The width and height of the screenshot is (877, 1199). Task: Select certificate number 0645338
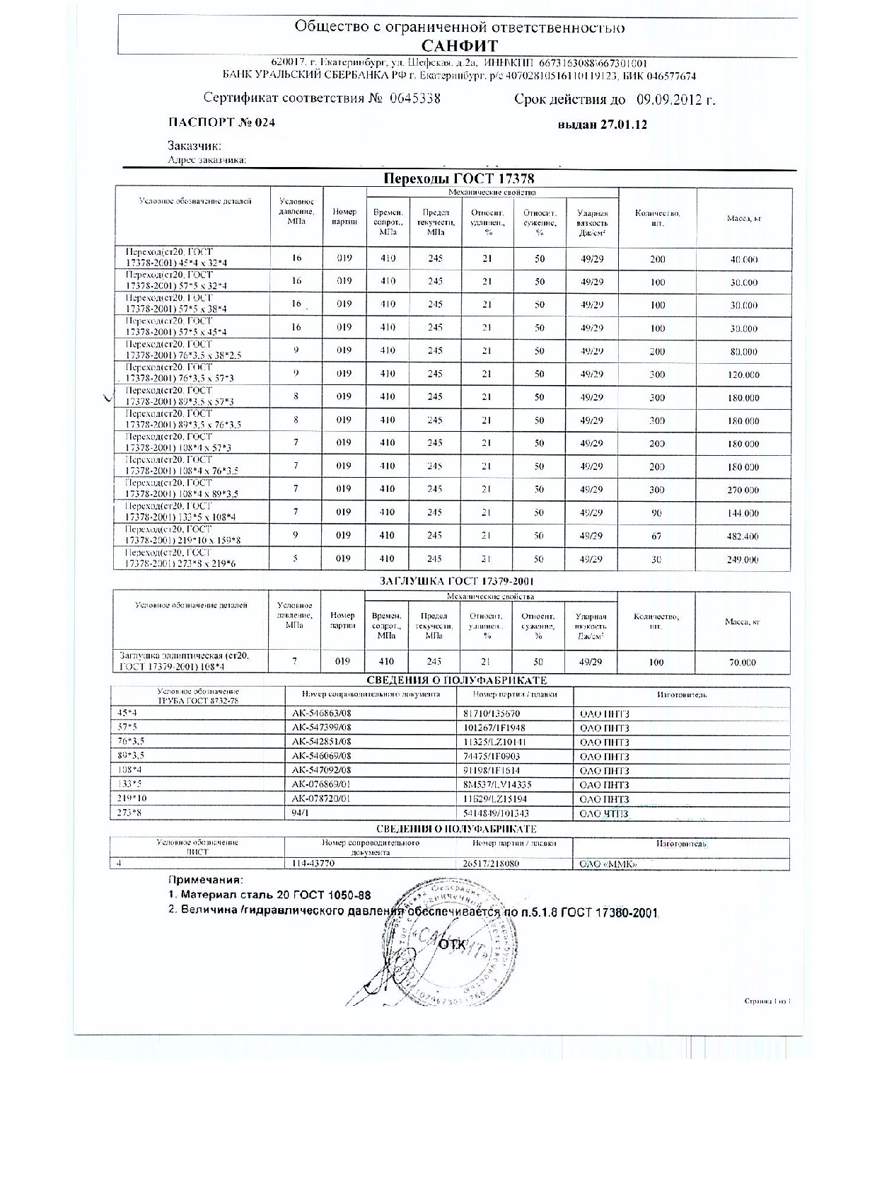(x=414, y=98)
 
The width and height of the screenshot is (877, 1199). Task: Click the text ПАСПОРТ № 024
(x=221, y=122)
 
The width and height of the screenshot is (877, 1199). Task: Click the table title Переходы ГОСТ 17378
(x=458, y=178)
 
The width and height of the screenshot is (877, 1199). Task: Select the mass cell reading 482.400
(x=743, y=537)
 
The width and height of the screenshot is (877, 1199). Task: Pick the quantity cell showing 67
(x=657, y=537)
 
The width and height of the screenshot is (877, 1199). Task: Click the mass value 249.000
(x=743, y=560)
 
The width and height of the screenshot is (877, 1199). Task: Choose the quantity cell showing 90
(x=657, y=512)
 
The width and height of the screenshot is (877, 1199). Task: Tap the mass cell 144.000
(x=743, y=513)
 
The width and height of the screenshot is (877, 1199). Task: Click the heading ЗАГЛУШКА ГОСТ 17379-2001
(x=451, y=582)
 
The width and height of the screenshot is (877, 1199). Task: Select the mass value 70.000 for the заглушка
(x=742, y=662)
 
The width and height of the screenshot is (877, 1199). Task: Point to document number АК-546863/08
(x=322, y=714)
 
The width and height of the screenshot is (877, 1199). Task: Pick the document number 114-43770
(x=313, y=864)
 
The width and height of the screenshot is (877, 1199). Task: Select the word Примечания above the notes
(x=204, y=880)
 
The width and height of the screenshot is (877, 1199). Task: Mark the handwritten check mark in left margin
(x=108, y=398)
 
